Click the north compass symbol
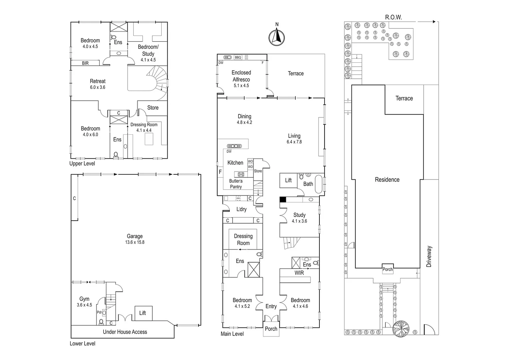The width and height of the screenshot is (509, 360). [x=276, y=37]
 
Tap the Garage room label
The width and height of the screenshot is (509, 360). [x=135, y=236]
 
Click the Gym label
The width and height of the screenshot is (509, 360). [x=84, y=299]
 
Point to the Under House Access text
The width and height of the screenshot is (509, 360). [x=125, y=332]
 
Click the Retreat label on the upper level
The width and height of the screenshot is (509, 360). [x=98, y=81]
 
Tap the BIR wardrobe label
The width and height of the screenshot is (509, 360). [x=85, y=63]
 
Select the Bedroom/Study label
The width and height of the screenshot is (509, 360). [x=148, y=50]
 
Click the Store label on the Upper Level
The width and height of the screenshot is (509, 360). [x=153, y=108]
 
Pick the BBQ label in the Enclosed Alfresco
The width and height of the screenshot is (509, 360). [x=238, y=57]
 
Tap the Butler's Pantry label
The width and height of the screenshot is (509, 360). [x=236, y=184]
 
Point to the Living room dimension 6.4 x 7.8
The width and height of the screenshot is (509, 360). [x=294, y=142]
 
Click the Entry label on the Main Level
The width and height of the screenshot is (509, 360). [x=271, y=306]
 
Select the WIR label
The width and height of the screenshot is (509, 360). [x=299, y=273]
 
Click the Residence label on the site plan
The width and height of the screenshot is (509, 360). [x=387, y=180]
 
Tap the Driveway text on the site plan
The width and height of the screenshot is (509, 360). [x=429, y=256]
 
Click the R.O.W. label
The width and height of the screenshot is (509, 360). [x=393, y=17]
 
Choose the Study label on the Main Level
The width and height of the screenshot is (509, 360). [x=299, y=215]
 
